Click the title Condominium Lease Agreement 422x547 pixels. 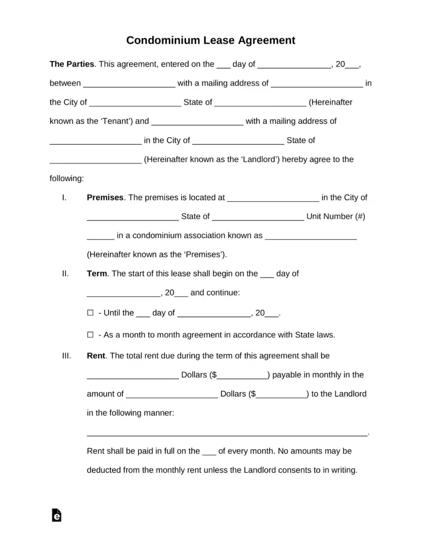(211, 40)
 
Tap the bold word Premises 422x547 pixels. (105, 197)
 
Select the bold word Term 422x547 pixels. (97, 273)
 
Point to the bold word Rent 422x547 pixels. (96, 355)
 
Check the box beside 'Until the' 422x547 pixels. (90, 313)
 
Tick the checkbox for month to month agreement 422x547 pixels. (90, 335)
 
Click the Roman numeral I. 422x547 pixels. (64, 197)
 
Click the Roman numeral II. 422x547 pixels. (65, 273)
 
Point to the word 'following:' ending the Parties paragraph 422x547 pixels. (67, 178)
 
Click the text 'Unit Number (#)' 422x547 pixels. (336, 216)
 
